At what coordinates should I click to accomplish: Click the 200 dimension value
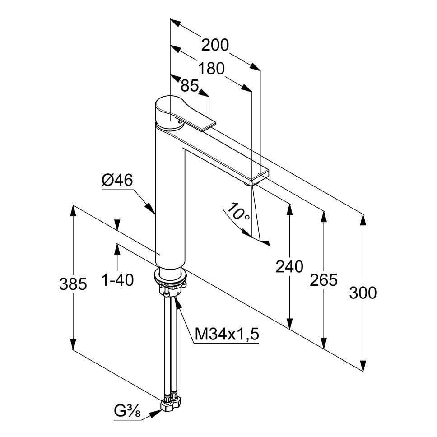click(x=215, y=46)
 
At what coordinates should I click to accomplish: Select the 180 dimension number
click(x=211, y=69)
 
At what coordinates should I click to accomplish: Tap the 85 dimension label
click(x=190, y=85)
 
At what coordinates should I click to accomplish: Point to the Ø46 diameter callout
click(x=117, y=181)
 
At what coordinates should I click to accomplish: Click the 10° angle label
click(x=238, y=212)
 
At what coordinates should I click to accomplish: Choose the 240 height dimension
click(x=289, y=267)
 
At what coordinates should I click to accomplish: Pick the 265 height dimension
click(x=324, y=280)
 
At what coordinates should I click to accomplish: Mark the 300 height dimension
click(x=363, y=293)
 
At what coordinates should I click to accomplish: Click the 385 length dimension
click(x=73, y=284)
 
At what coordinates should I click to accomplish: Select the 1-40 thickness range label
click(x=117, y=280)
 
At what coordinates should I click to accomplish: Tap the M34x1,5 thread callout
click(x=227, y=334)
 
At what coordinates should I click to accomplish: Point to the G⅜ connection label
click(x=128, y=412)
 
